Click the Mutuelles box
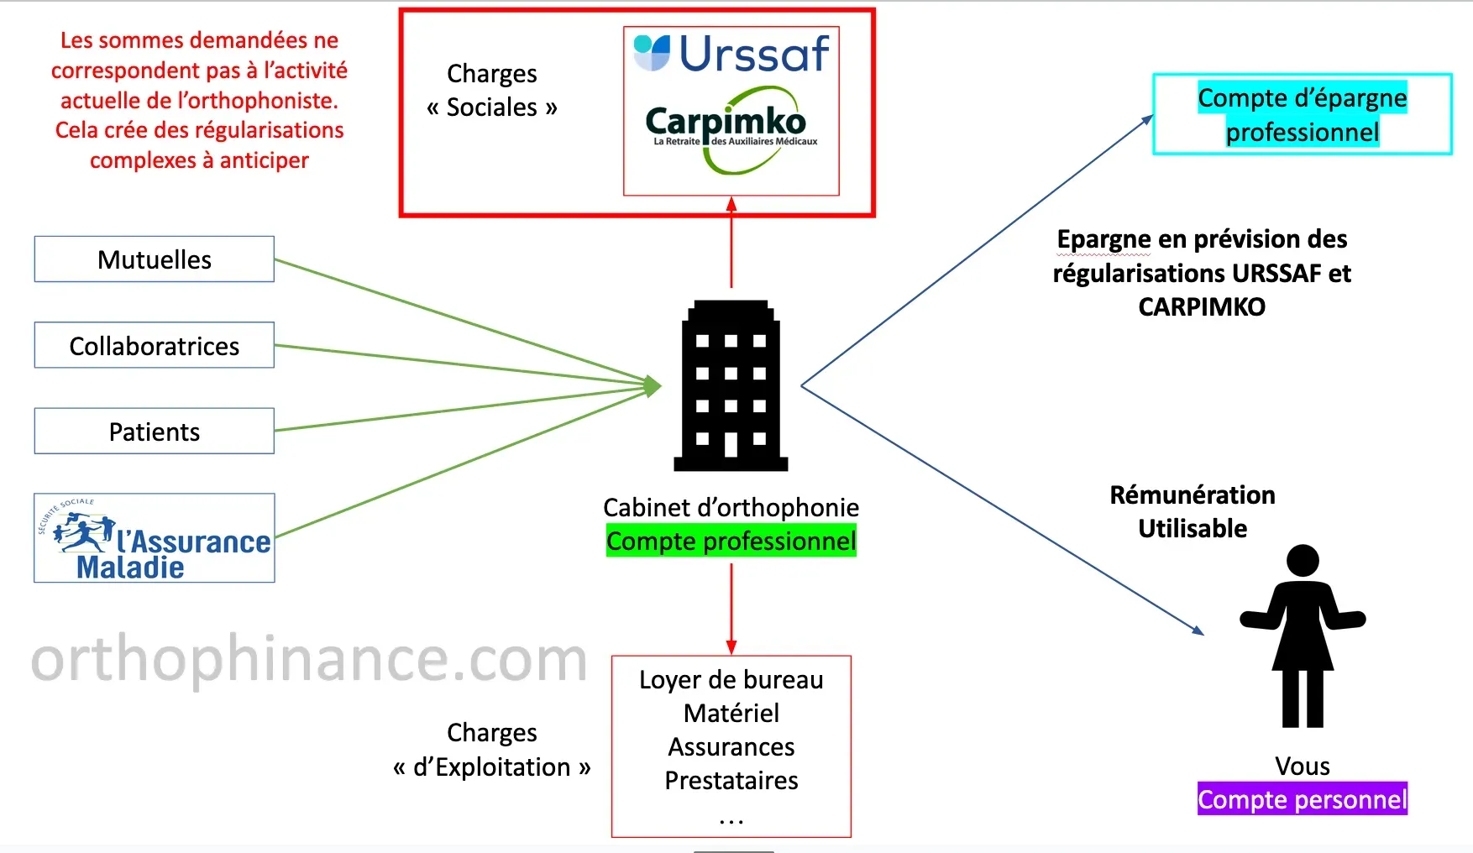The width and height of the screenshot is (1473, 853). click(x=155, y=259)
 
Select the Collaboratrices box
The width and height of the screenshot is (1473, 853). click(x=155, y=346)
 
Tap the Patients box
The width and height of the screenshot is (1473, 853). click(x=155, y=432)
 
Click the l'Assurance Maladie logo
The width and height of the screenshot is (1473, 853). click(x=155, y=539)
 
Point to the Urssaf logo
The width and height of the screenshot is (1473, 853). click(x=732, y=53)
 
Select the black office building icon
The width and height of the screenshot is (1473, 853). click(x=731, y=385)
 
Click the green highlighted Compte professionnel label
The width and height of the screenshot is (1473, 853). click(x=731, y=542)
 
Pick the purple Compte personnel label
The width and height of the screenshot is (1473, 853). click(x=1302, y=799)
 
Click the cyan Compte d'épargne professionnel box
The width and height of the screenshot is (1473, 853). click(x=1302, y=114)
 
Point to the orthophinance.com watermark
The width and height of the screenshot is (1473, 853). click(x=309, y=660)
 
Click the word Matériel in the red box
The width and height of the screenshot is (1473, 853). click(x=731, y=714)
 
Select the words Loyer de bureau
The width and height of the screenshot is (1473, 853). click(x=731, y=680)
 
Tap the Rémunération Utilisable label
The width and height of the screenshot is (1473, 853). click(x=1193, y=511)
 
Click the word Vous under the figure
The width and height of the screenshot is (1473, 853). click(x=1302, y=766)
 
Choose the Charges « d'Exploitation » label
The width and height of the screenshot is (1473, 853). click(x=492, y=750)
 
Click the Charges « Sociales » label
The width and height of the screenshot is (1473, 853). click(x=492, y=91)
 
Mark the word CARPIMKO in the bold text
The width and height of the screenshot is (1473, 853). click(x=1202, y=307)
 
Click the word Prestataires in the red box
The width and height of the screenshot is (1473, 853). click(x=731, y=781)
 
